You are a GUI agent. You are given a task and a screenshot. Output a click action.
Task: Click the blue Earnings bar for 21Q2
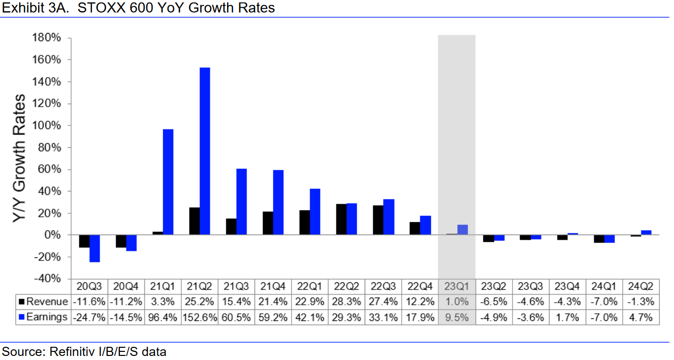click(x=205, y=151)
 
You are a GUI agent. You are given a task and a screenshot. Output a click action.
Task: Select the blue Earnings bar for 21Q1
click(x=168, y=182)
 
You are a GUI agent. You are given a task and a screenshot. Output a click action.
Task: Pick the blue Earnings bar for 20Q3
click(x=94, y=248)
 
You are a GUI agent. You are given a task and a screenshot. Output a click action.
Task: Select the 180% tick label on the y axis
click(x=47, y=38)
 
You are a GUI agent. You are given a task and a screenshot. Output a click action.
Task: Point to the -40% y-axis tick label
click(x=47, y=279)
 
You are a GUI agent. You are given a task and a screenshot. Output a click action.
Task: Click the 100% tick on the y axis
click(x=47, y=125)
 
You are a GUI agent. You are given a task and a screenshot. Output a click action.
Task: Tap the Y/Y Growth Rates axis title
click(x=19, y=158)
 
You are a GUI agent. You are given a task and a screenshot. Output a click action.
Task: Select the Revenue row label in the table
click(x=47, y=302)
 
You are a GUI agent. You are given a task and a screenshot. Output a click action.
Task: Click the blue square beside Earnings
click(x=21, y=317)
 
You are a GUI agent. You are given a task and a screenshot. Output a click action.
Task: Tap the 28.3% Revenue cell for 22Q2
click(x=346, y=302)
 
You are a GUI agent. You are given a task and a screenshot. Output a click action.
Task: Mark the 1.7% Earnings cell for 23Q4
click(x=567, y=317)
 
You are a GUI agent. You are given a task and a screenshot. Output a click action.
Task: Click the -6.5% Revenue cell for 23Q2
click(x=494, y=302)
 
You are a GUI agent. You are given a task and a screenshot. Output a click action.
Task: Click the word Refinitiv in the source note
click(x=68, y=351)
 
